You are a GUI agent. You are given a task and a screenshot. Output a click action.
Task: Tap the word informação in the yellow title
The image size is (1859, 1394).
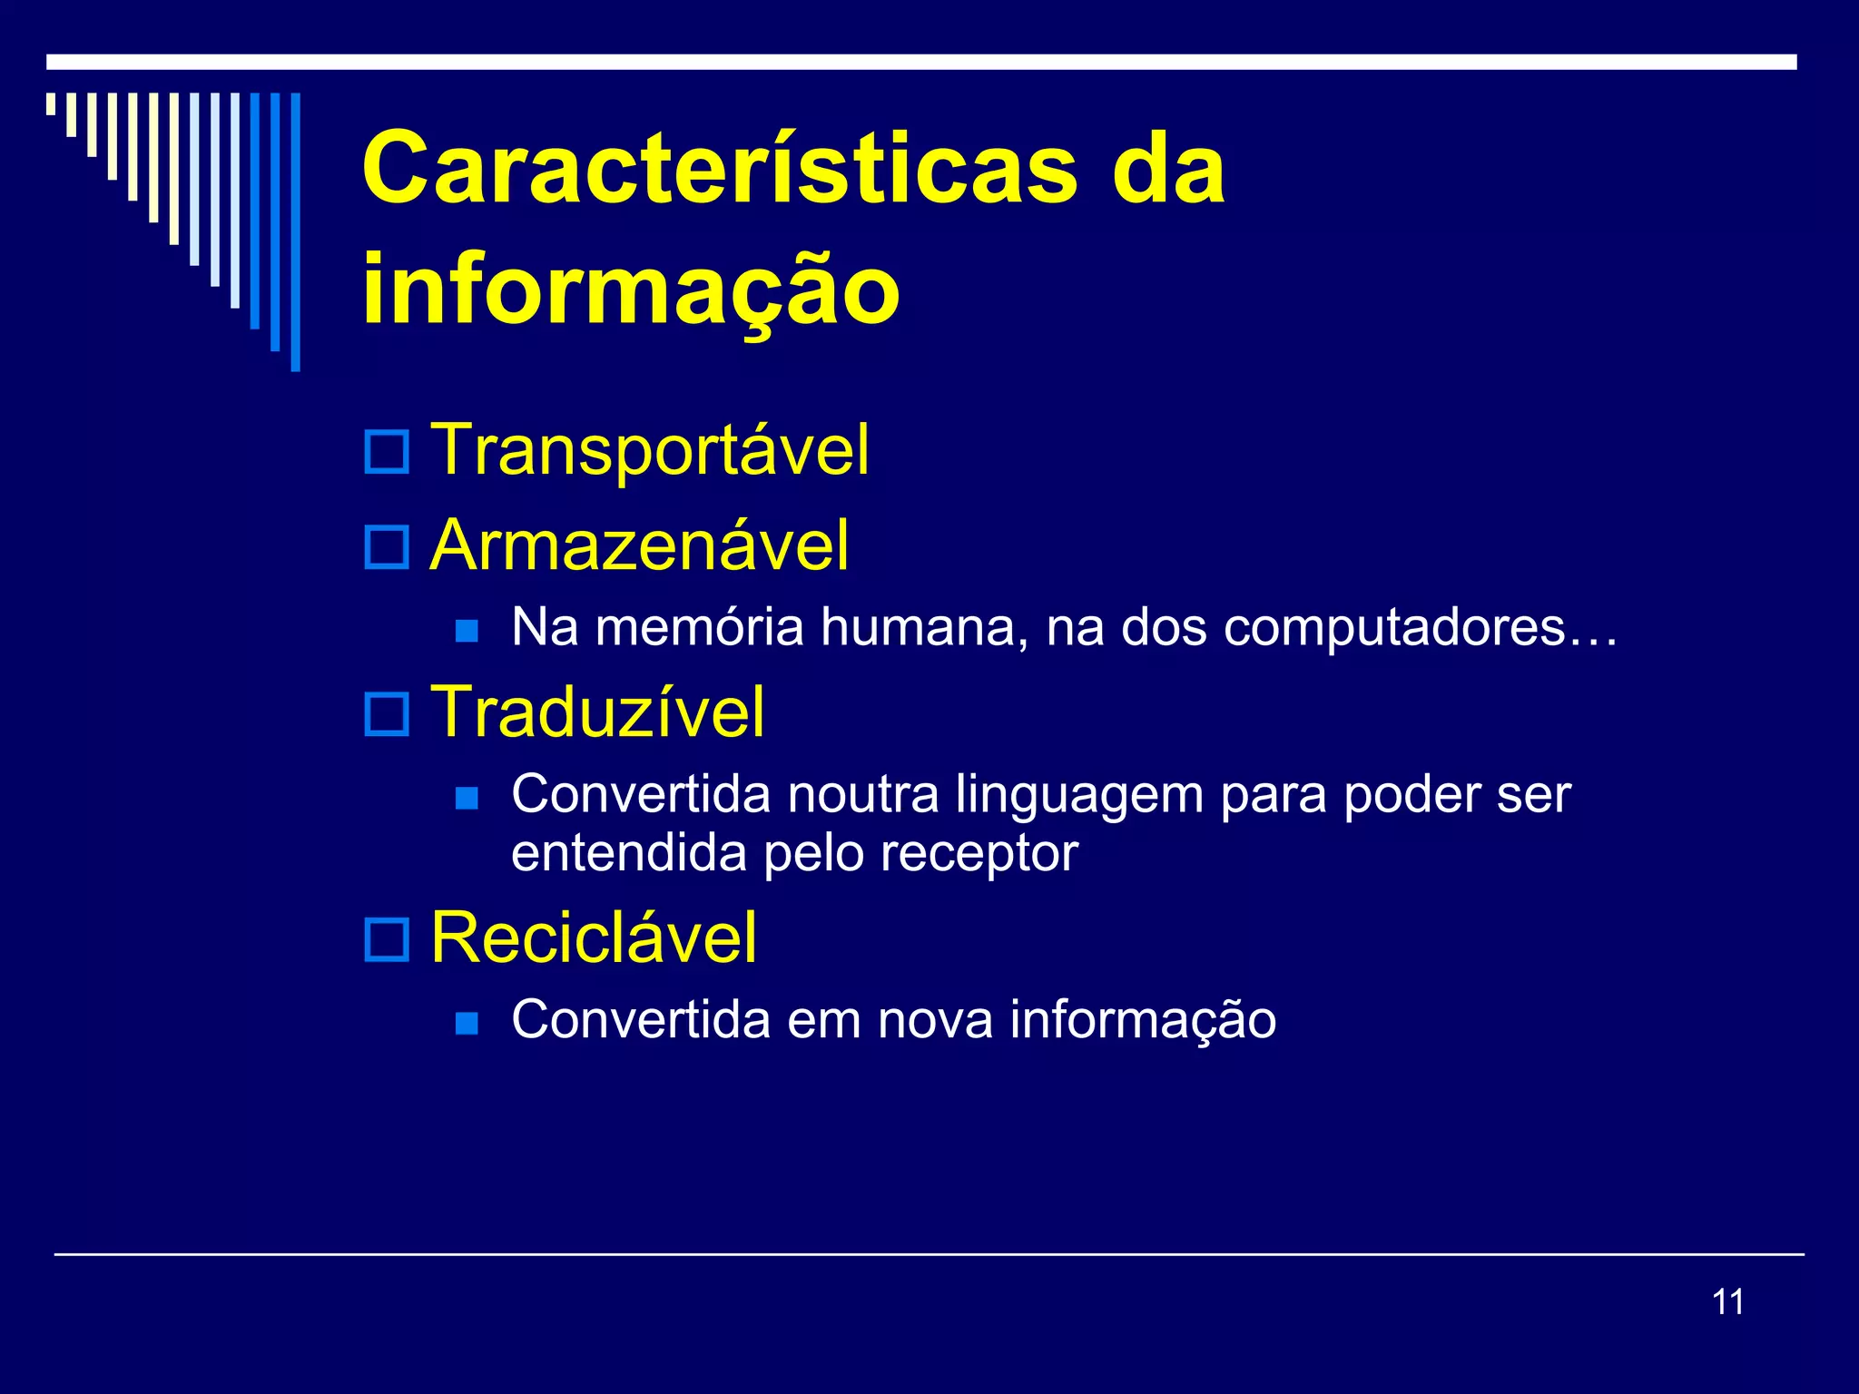coord(631,290)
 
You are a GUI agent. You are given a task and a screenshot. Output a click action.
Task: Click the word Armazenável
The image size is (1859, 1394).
coord(640,545)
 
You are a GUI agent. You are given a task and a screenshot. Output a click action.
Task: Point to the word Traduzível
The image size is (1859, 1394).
coord(597,712)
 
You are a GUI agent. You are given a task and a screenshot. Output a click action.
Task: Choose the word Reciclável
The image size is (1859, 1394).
coord(594,938)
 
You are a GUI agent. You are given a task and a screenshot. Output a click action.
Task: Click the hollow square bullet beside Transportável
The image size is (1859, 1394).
coord(387,451)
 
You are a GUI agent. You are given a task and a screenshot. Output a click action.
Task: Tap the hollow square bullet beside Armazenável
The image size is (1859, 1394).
coord(387,547)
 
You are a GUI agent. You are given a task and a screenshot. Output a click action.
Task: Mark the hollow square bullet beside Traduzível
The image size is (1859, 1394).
coord(387,714)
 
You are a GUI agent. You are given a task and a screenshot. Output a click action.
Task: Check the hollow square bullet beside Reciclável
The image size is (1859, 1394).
coord(387,939)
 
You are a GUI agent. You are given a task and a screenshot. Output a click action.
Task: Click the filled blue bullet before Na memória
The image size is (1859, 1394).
coord(467,631)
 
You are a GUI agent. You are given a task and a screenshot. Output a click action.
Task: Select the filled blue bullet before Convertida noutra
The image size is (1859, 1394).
coord(467,798)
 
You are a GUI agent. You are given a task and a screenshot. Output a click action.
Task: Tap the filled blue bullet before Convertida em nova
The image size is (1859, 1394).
coord(467,1023)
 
